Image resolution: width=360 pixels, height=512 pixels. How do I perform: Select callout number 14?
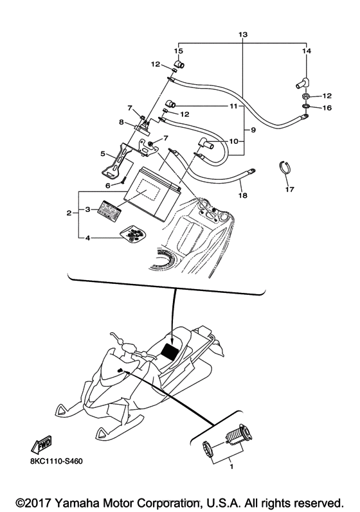click(x=306, y=50)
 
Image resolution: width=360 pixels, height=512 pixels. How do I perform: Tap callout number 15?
click(x=179, y=50)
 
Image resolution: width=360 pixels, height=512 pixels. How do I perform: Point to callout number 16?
click(x=327, y=108)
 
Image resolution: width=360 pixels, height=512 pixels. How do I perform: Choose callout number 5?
click(x=103, y=154)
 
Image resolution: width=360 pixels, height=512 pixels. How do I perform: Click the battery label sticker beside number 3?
click(x=111, y=211)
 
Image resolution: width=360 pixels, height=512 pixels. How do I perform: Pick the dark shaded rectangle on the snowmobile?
click(x=170, y=352)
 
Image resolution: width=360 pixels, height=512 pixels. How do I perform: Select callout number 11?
click(x=233, y=105)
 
